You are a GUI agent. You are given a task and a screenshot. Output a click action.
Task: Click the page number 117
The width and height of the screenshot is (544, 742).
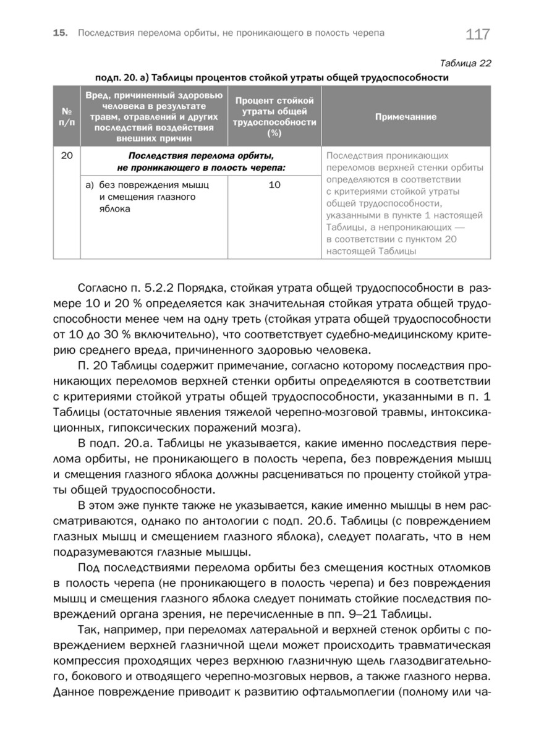[x=478, y=34]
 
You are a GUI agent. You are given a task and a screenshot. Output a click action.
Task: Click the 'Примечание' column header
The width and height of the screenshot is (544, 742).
[x=406, y=116]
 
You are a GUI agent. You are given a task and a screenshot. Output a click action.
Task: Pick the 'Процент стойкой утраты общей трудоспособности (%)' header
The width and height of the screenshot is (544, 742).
[x=274, y=116]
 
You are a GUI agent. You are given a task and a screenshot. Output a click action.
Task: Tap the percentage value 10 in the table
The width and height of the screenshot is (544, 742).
[x=274, y=185]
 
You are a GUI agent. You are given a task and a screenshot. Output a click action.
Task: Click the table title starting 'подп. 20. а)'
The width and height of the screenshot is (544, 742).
[x=271, y=78]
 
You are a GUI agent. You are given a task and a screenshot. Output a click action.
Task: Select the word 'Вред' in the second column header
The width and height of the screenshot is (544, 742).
[x=99, y=95]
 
